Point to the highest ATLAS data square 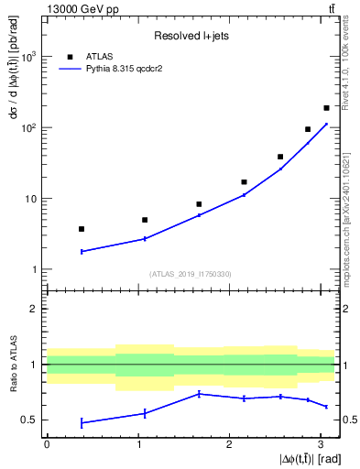pos(326,108)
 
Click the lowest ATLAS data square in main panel pos(82,229)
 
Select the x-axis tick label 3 pos(321,444)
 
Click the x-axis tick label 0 pos(47,444)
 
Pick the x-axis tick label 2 pos(229,444)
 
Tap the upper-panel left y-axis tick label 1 pos(34,269)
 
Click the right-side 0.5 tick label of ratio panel pos(347,420)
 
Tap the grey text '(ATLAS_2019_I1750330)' pos(190,274)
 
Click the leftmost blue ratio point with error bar pos(82,422)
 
